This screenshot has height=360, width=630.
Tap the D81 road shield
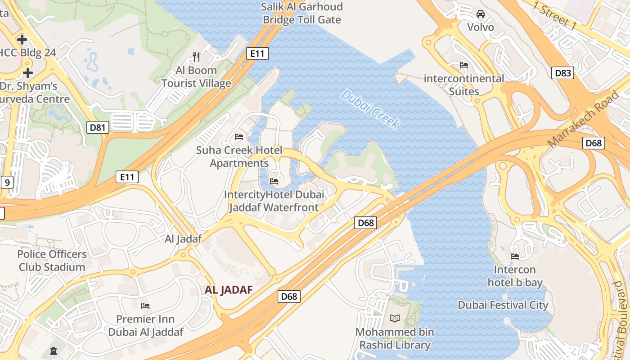[97, 127]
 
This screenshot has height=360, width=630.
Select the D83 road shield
[562, 72]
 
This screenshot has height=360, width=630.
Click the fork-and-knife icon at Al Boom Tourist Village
[196, 57]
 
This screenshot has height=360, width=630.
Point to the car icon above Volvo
[481, 14]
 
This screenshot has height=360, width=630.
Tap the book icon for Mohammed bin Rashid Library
[395, 319]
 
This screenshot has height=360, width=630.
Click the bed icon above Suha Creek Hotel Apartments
[239, 136]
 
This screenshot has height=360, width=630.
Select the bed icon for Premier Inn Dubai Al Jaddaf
[145, 306]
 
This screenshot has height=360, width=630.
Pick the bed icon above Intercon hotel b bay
[515, 256]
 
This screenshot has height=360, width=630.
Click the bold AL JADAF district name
[229, 290]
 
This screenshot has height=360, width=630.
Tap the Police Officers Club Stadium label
[52, 261]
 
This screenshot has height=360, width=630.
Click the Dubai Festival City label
[503, 305]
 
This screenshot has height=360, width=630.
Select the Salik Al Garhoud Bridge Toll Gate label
[302, 13]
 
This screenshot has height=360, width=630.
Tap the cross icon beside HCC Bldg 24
[22, 40]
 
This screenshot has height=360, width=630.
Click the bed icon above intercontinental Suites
[464, 65]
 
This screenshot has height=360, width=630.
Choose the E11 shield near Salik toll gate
[257, 54]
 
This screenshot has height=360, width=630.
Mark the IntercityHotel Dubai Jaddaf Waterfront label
[274, 201]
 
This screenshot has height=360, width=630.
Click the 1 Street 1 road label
[554, 15]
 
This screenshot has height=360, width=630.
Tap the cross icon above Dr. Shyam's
[28, 73]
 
